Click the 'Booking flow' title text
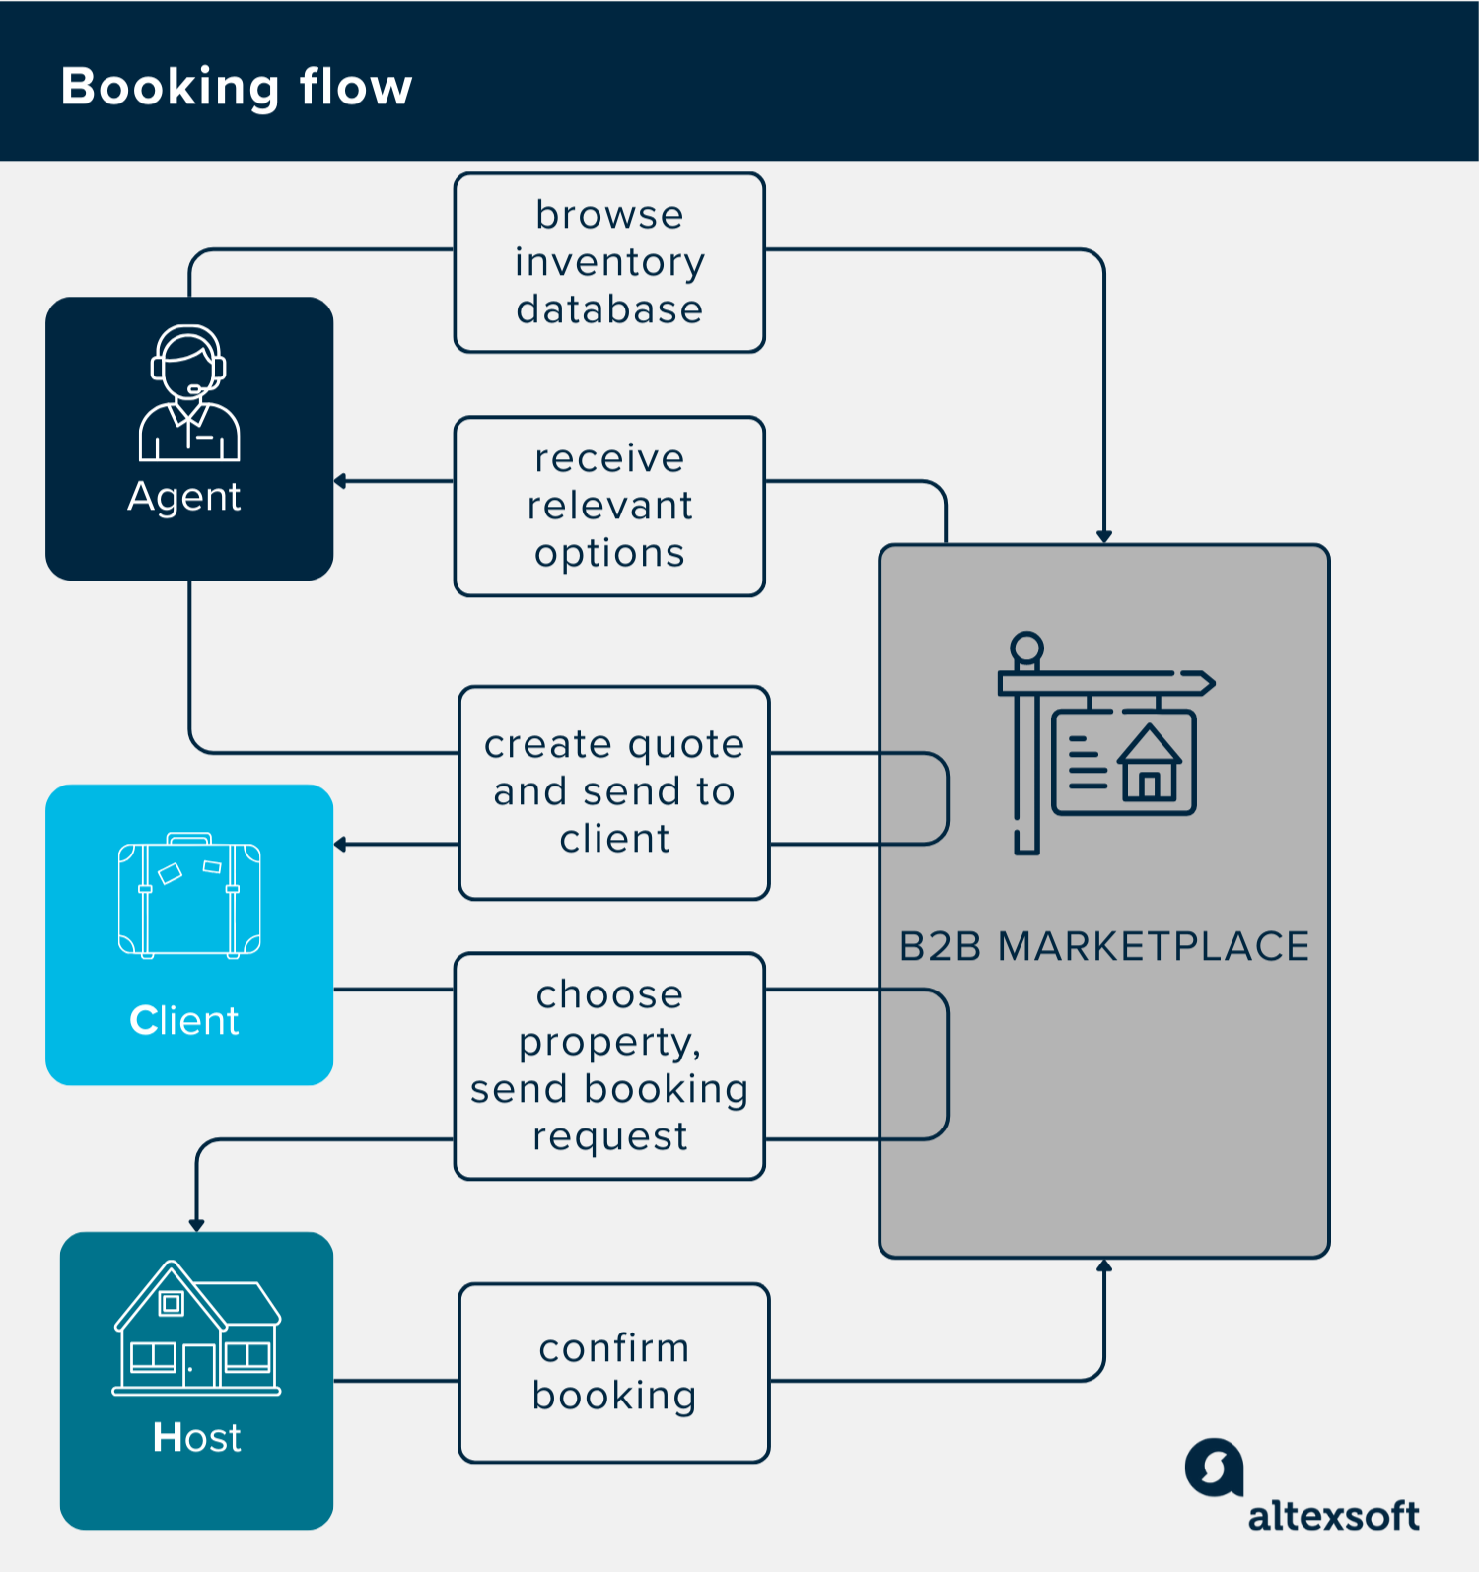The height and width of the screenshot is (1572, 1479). [x=237, y=87]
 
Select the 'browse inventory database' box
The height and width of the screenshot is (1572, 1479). [x=609, y=262]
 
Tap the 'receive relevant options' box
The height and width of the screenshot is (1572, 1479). [x=609, y=506]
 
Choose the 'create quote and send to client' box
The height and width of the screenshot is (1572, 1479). [x=613, y=792]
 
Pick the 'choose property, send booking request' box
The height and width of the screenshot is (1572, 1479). [x=609, y=1065]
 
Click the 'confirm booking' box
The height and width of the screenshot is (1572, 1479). [x=613, y=1372]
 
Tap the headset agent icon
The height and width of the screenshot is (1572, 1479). [x=188, y=392]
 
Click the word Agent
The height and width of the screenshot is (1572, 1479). [x=184, y=497]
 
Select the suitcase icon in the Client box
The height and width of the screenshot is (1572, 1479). [x=189, y=896]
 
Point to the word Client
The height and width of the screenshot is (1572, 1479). [x=184, y=1020]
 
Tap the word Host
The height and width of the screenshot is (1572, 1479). [x=196, y=1437]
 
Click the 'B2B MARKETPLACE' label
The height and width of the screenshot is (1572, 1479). [x=1103, y=946]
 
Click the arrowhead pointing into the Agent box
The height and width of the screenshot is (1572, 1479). [x=340, y=481]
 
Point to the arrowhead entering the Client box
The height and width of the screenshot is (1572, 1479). [x=340, y=845]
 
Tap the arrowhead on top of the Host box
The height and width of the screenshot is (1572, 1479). [x=196, y=1225]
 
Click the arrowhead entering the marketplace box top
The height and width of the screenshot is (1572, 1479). [x=1104, y=537]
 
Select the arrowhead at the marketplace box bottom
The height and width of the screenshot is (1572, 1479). [x=1104, y=1265]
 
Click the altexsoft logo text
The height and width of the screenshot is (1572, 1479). [x=1333, y=1516]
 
